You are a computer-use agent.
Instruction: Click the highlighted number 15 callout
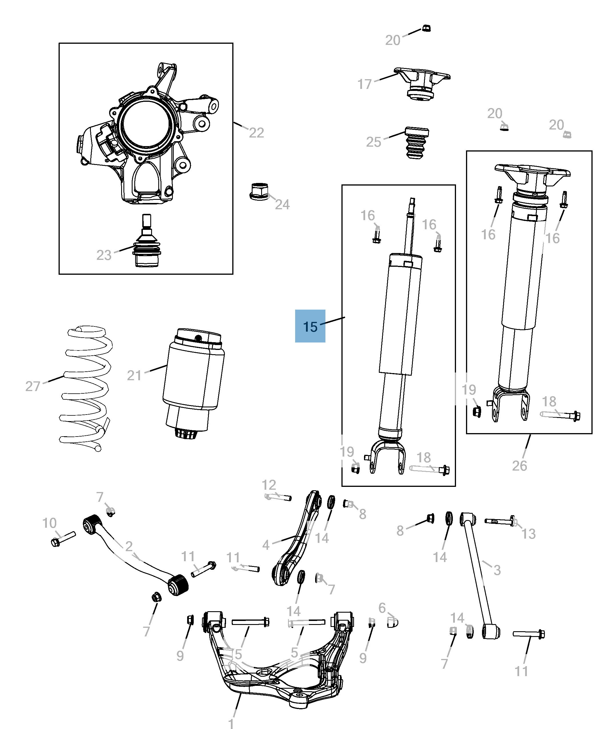(x=310, y=326)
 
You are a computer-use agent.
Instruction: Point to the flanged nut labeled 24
(x=259, y=191)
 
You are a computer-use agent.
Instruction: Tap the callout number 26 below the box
(x=519, y=466)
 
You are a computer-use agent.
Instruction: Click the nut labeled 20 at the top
(x=426, y=28)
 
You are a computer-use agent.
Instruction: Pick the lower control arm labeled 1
(x=277, y=678)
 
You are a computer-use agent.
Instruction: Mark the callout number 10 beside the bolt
(x=49, y=523)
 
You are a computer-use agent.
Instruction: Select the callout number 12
(x=269, y=485)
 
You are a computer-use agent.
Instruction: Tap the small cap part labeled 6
(x=393, y=622)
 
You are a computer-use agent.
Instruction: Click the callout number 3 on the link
(x=497, y=569)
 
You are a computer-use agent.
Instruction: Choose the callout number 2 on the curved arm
(x=129, y=546)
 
